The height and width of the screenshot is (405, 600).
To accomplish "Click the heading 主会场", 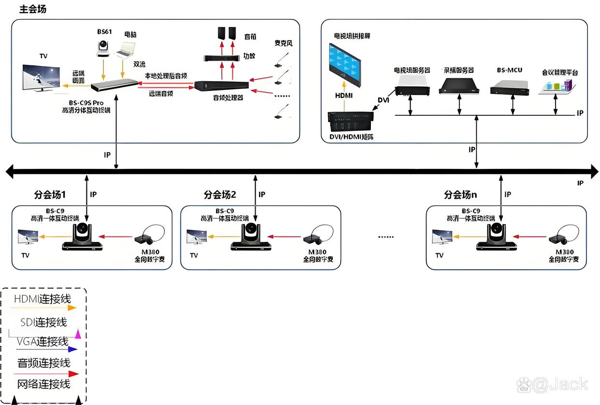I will tap(33, 9).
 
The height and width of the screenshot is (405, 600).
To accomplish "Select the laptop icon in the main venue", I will tap(126, 50).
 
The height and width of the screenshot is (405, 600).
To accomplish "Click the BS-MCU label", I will tap(509, 70).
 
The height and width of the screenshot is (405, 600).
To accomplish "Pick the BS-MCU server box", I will tap(511, 87).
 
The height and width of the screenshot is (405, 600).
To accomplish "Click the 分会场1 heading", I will tap(50, 195).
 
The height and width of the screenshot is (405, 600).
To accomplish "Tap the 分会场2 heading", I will tap(220, 195).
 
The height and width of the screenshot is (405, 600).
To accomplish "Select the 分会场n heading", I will tap(460, 195).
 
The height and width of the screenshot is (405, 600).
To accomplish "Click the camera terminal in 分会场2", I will tap(251, 237).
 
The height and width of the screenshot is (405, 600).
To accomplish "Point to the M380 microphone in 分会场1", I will tap(147, 235).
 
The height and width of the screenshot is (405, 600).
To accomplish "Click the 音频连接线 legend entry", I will tap(44, 363).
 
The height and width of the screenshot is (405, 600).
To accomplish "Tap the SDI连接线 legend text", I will tap(43, 322).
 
